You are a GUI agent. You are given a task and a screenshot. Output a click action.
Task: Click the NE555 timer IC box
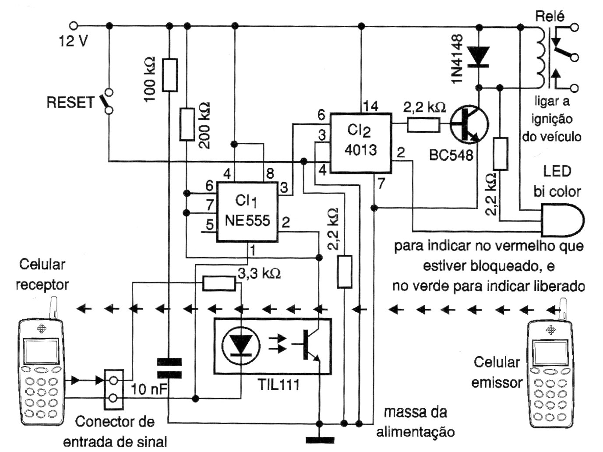[x=247, y=211]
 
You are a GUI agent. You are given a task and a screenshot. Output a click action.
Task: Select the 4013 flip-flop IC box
[x=360, y=143]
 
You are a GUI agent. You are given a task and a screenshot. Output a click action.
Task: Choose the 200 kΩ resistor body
[x=187, y=124]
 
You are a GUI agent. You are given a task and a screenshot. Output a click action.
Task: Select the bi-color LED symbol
[x=562, y=219]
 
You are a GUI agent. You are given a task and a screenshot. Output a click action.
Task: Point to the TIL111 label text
[x=279, y=385]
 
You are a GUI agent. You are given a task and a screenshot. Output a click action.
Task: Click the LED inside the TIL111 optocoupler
[x=240, y=342]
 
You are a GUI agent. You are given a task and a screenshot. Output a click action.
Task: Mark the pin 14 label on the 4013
[x=370, y=106]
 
